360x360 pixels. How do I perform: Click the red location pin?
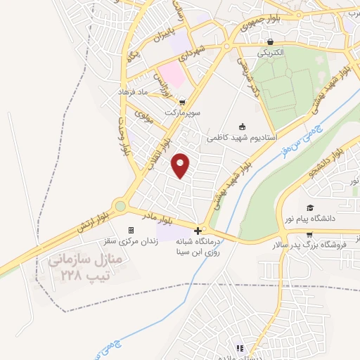click(x=181, y=165)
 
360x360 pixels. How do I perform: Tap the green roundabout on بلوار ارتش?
click(x=120, y=207)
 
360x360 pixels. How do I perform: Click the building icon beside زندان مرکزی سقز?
click(x=130, y=231)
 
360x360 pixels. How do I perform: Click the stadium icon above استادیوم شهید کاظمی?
click(x=243, y=127)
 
